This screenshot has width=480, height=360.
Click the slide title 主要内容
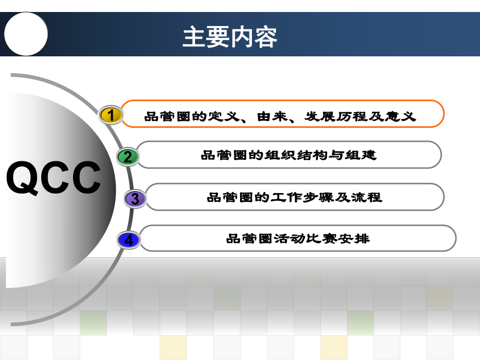230,37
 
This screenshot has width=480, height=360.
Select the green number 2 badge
128,157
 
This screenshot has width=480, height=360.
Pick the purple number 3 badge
135,199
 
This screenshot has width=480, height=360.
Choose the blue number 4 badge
129,240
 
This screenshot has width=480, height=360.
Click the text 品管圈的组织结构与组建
288,155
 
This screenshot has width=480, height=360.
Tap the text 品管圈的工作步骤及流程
294,197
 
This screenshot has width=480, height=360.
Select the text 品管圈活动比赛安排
297,239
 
